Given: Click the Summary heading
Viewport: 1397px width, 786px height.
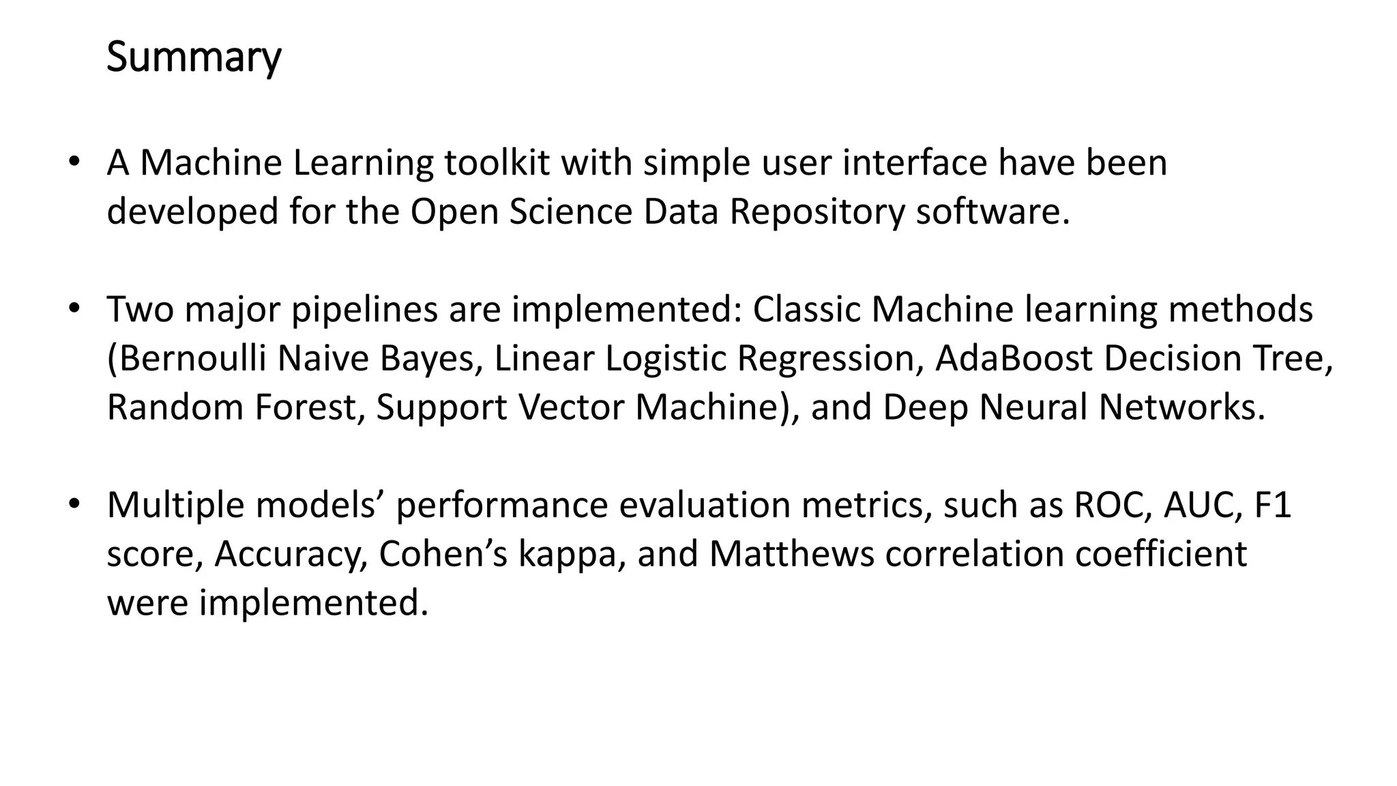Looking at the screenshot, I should (x=194, y=57).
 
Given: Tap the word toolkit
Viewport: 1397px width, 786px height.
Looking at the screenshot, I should (x=497, y=163).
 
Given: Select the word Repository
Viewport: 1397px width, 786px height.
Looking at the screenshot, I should (x=817, y=212).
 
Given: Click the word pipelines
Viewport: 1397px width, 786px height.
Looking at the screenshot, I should (x=364, y=309).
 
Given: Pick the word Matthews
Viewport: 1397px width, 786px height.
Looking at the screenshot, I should (x=791, y=554).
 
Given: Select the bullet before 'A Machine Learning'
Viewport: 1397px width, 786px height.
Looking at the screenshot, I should (x=74, y=163).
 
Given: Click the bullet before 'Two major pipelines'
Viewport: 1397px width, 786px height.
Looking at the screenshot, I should (x=74, y=309).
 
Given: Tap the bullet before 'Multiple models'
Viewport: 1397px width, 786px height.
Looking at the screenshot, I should (x=74, y=506).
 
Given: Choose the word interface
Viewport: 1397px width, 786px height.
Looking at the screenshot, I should (x=915, y=163).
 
